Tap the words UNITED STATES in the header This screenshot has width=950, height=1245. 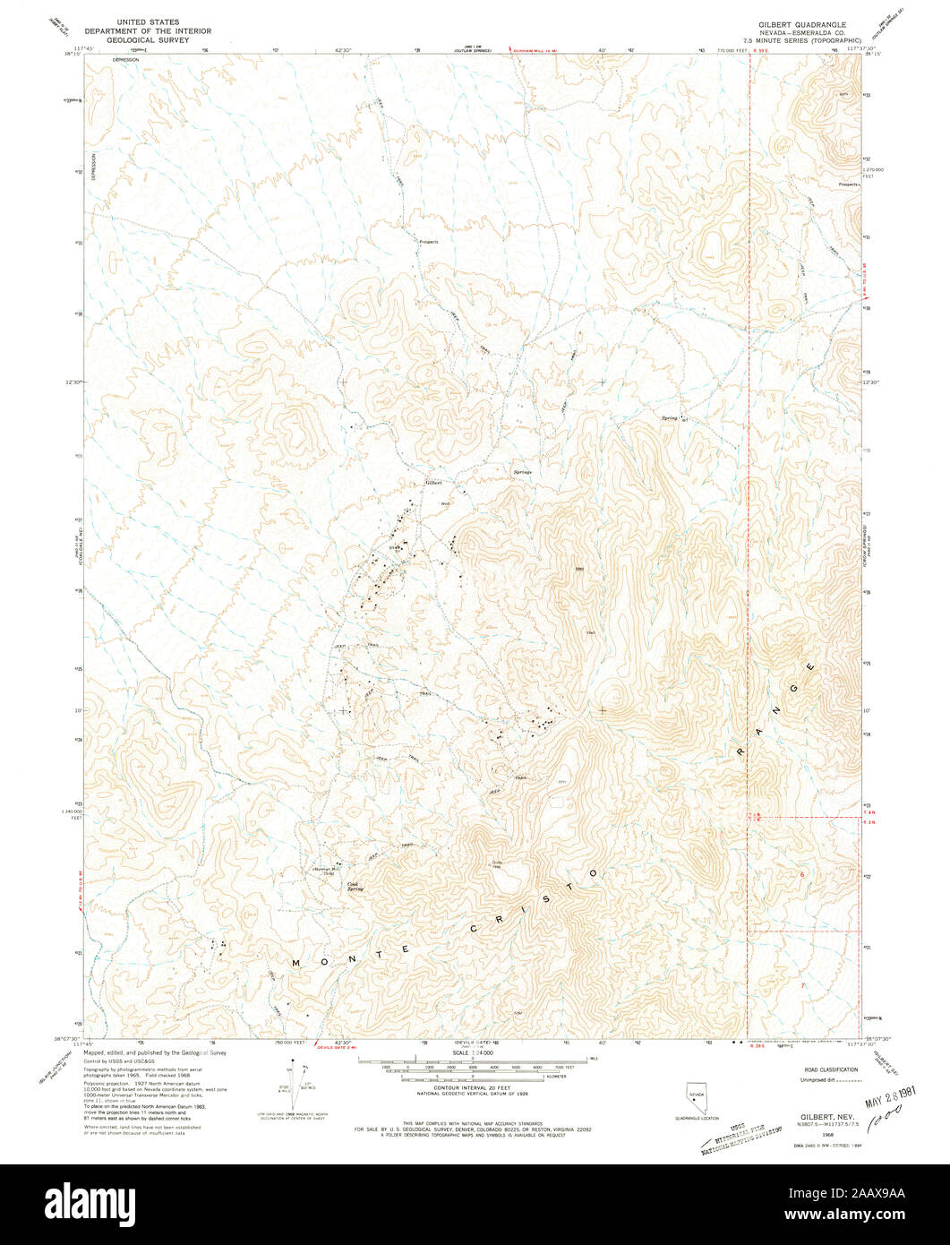tap(142, 21)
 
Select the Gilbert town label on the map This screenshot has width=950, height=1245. tap(433, 483)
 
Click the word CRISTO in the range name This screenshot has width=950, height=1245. tap(533, 902)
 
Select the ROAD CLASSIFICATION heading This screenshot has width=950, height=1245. tap(831, 1069)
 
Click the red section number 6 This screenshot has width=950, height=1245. tap(802, 873)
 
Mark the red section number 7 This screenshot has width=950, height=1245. tap(803, 985)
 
